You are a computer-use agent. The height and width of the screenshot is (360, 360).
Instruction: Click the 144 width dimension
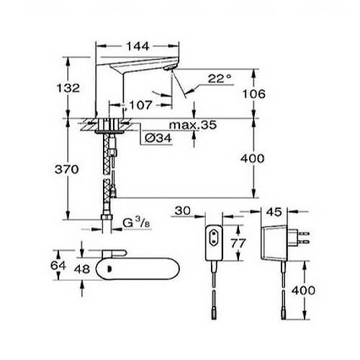pos(138,46)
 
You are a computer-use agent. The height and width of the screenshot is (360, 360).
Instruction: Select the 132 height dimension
pos(68,88)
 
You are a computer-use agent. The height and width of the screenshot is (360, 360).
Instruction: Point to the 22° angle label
pos(220,78)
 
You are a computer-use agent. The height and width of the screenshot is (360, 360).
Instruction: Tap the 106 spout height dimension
pos(254,94)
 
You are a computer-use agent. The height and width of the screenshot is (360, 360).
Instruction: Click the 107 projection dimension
pos(140,105)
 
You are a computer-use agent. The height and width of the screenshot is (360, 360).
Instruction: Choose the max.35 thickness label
pos(193,125)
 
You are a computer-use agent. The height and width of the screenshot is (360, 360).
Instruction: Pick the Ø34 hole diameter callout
pos(158,138)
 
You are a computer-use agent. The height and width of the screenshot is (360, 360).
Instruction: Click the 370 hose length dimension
pos(67,169)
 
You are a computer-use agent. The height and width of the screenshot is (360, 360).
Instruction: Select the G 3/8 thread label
pos(136,222)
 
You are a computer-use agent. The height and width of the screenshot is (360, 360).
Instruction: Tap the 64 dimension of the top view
pos(58,266)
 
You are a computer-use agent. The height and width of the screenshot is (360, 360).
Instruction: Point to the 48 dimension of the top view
pos(82,269)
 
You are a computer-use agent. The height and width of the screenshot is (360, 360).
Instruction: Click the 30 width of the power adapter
pos(182,211)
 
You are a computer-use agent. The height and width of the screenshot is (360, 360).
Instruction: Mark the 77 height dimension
pos(238,243)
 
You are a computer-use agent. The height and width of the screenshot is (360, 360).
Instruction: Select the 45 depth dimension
pos(274,212)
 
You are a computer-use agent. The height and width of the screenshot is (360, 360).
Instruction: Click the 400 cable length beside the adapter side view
pos(303,290)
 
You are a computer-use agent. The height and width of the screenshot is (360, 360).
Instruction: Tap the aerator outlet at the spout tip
pos(171,68)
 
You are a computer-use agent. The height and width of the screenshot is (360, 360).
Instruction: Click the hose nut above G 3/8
pos(107,217)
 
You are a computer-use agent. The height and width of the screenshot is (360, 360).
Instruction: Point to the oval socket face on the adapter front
pos(214,238)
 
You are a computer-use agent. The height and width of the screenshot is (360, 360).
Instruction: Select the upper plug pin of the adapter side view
pos(304,233)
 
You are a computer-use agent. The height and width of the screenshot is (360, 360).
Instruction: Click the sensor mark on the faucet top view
pos(109,269)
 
